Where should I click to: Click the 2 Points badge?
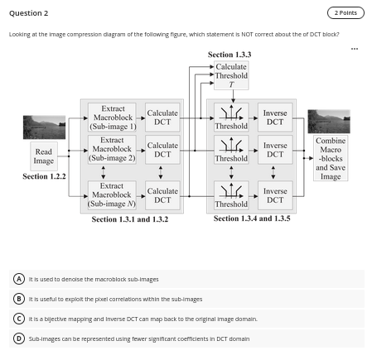click(x=345, y=12)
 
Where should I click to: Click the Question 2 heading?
click(x=28, y=13)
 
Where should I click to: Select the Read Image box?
click(x=44, y=156)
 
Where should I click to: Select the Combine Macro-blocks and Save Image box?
click(x=331, y=158)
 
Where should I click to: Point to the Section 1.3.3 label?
click(x=229, y=55)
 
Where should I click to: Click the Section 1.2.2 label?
click(x=44, y=176)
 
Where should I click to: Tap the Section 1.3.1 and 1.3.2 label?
click(x=130, y=219)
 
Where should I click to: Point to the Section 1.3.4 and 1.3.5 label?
click(x=252, y=218)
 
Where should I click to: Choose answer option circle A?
click(x=18, y=279)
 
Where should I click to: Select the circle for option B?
click(x=18, y=299)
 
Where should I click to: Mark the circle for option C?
click(x=18, y=318)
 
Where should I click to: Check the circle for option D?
click(x=18, y=338)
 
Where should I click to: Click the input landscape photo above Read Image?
click(x=44, y=127)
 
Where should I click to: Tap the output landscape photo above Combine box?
click(x=331, y=121)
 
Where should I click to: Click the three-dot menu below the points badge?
click(x=355, y=48)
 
